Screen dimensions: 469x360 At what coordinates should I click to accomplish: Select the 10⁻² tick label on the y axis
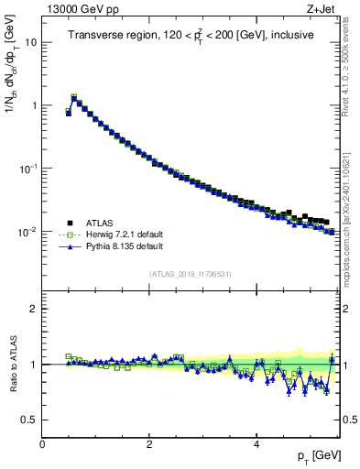click(28, 232)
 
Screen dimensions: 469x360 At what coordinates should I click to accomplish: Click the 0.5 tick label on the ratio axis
click(30, 420)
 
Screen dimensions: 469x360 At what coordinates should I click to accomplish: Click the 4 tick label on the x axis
click(256, 444)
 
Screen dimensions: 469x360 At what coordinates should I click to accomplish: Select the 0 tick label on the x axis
click(42, 444)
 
